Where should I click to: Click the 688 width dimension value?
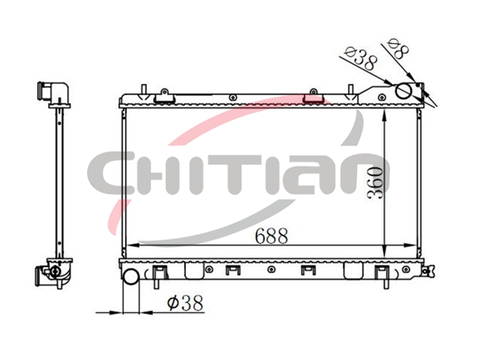(x=271, y=235)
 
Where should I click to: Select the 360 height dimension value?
(x=375, y=183)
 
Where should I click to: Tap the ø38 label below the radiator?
(x=185, y=303)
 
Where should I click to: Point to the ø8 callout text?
(x=398, y=49)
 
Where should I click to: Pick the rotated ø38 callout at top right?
(x=361, y=59)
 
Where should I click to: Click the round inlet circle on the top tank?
(x=403, y=91)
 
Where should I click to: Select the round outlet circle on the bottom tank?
(x=131, y=275)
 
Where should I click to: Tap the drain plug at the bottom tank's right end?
(x=427, y=271)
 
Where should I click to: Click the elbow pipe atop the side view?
(x=55, y=92)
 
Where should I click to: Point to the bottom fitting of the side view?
(x=54, y=273)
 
